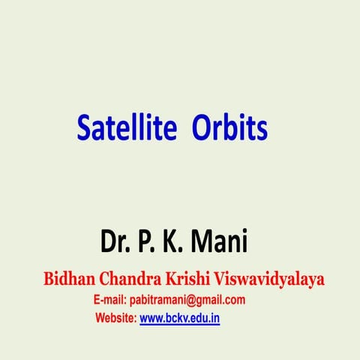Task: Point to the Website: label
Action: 115,318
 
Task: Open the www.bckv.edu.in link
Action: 180,318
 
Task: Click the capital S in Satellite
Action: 83,127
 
